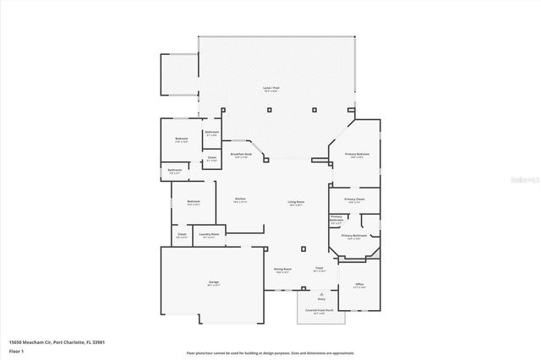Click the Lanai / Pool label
(x=271, y=87)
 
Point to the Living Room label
(x=296, y=202)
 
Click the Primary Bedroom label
(x=356, y=154)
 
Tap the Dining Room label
(x=281, y=270)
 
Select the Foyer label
(x=320, y=270)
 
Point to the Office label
(x=358, y=286)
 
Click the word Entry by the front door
(x=321, y=299)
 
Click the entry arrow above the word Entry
(x=321, y=292)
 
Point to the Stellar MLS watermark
(x=524, y=180)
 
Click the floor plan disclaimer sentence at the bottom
(x=270, y=352)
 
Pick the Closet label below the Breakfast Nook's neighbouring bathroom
(x=212, y=157)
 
